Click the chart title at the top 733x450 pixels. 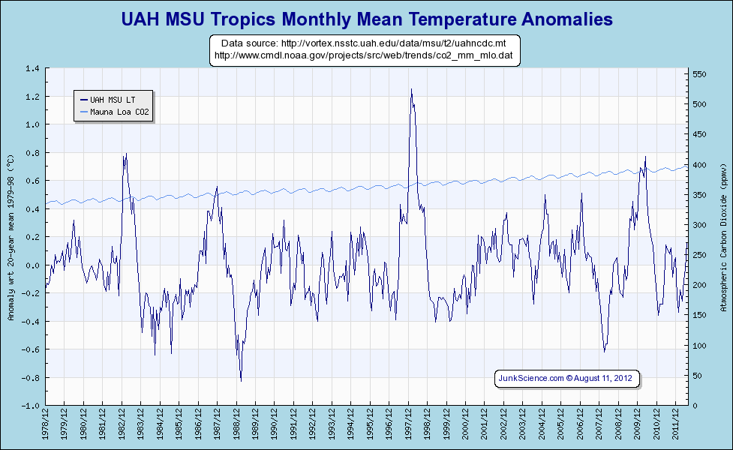(x=366, y=19)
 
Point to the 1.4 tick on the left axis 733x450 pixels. (x=33, y=68)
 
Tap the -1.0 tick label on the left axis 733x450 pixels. (x=31, y=405)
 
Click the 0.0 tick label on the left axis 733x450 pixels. (x=33, y=265)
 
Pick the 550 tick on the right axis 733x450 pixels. (x=699, y=74)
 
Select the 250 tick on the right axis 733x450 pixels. (x=699, y=255)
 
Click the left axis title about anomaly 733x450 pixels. (x=11, y=236)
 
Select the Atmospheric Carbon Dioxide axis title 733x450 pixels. (x=722, y=236)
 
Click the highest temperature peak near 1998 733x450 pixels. (x=411, y=89)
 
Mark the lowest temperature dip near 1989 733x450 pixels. (x=241, y=381)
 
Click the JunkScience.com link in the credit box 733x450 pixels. (x=531, y=379)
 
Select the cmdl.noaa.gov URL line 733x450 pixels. (x=364, y=55)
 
